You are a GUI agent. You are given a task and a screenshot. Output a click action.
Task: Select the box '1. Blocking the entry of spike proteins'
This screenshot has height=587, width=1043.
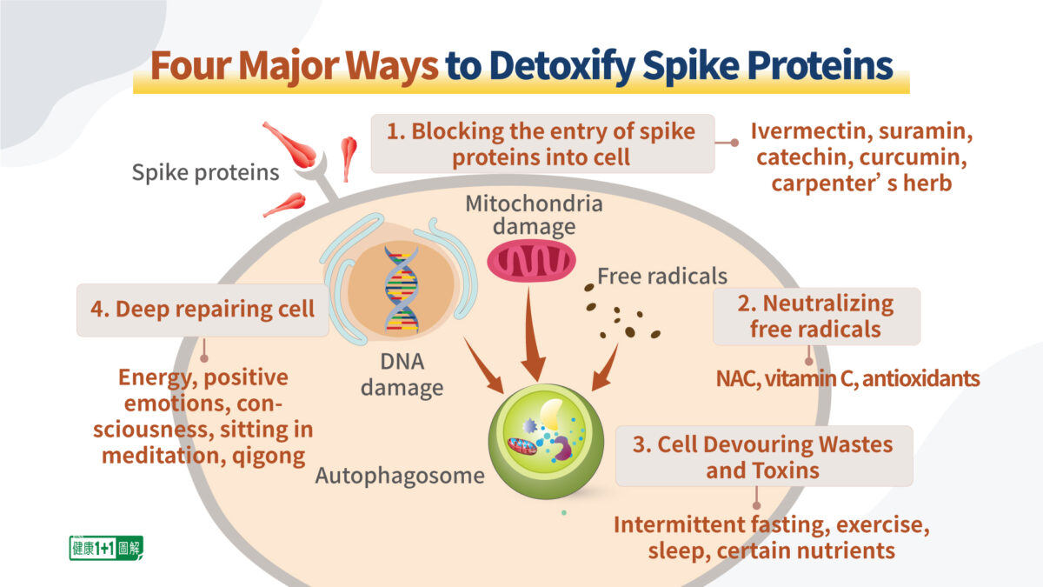[542, 143]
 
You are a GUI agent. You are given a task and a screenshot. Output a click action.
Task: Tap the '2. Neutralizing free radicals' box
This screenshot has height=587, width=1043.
[815, 317]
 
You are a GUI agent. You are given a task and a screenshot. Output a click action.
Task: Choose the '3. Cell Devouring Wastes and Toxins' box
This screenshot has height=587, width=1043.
[763, 457]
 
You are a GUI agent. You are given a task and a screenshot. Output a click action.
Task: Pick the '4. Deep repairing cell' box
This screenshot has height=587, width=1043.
[203, 309]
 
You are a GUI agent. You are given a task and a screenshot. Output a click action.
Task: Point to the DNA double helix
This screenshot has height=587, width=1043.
[401, 291]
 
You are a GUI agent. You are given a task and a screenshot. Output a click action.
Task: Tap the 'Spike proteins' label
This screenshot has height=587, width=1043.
[205, 172]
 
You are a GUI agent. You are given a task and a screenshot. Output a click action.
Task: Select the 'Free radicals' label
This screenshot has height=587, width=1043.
[661, 277]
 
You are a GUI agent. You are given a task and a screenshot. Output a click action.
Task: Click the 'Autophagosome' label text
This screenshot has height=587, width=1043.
[388, 476]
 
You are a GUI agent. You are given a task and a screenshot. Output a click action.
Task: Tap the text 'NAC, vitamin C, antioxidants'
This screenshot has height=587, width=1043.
[847, 379]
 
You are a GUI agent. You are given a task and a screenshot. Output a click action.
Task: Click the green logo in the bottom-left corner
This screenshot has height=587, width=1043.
[105, 548]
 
